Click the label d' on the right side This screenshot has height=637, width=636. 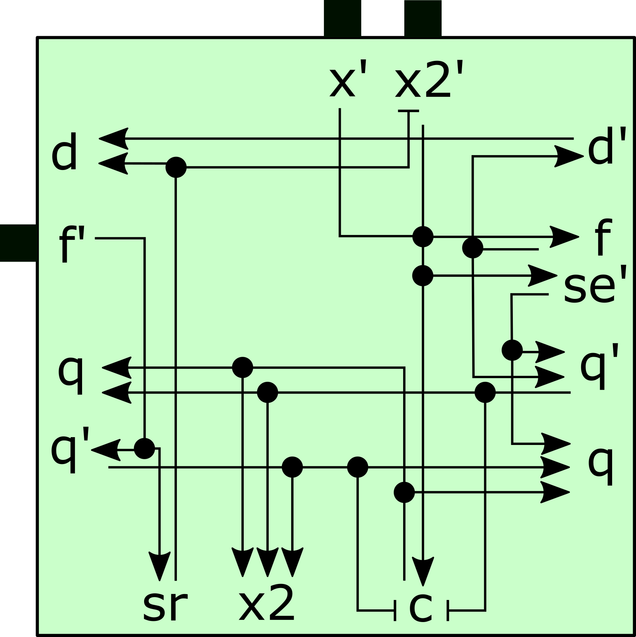pos(607,146)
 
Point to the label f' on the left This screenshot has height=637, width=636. pos(72,244)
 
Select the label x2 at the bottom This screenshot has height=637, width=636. pos(266,603)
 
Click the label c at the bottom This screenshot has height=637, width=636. pos(421,607)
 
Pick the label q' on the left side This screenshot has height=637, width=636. pos(70,450)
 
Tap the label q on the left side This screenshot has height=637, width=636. pos(70,374)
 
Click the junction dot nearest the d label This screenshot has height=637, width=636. pos(176,167)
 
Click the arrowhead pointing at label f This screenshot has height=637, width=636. pos(564,237)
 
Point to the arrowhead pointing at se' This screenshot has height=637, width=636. pos(542,276)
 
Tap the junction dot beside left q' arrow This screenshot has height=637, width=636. pos(144,448)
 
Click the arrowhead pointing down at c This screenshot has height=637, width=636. pos(423,570)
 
